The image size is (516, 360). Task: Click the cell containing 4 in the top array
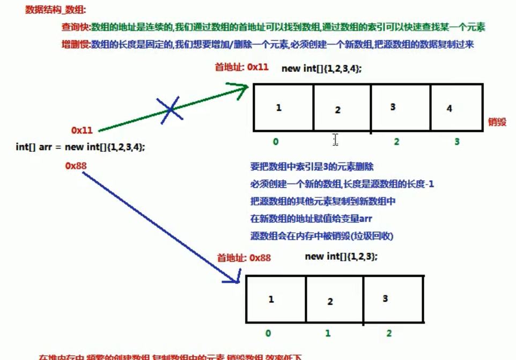(453, 108)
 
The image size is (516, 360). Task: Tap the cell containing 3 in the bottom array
(394, 299)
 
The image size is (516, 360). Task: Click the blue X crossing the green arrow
(170, 109)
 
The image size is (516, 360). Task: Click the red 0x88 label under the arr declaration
(76, 165)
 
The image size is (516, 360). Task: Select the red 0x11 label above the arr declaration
(82, 130)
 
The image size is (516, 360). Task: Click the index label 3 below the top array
(457, 142)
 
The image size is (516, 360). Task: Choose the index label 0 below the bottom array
(268, 333)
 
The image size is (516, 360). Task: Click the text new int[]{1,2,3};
(341, 257)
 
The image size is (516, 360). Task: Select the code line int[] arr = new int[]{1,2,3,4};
(80, 146)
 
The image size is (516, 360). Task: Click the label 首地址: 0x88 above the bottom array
(244, 258)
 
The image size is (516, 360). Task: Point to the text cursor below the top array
(335, 140)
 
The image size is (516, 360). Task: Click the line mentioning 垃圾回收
(326, 236)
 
